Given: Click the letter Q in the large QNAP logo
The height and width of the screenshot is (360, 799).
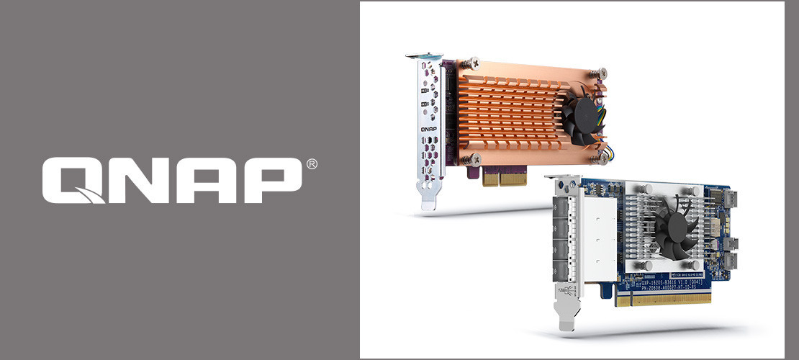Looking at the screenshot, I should pyautogui.click(x=73, y=180).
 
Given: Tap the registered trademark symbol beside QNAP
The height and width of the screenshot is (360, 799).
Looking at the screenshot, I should pyautogui.click(x=311, y=164).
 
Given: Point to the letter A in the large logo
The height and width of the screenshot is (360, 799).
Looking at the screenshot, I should pyautogui.click(x=205, y=180).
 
